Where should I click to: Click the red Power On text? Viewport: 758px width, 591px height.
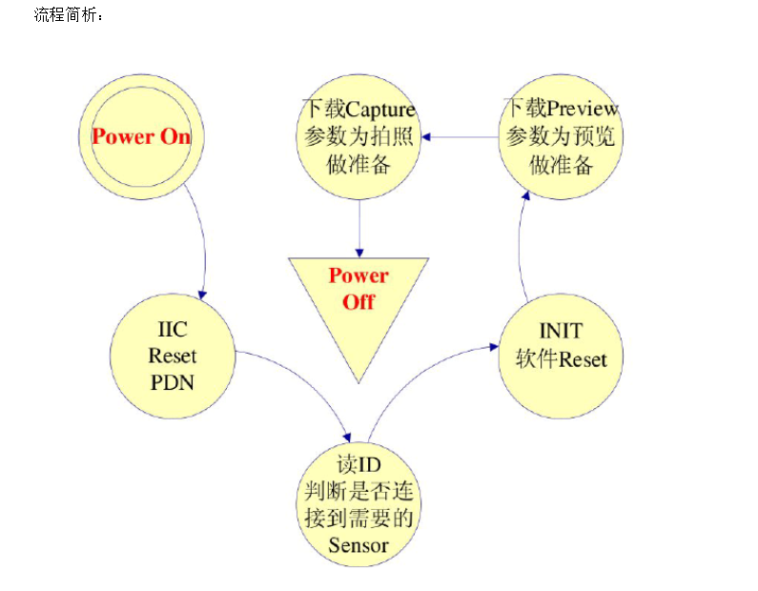[x=141, y=136]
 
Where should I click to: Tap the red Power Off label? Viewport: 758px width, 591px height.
[x=359, y=288]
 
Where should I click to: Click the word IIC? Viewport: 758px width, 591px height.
[x=173, y=331]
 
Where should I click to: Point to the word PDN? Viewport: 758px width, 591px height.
[x=173, y=383]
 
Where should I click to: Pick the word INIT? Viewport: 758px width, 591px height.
[x=560, y=332]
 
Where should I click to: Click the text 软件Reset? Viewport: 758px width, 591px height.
[x=560, y=359]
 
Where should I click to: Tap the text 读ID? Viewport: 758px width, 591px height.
[x=359, y=467]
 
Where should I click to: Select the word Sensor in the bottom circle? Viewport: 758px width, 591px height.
[x=359, y=545]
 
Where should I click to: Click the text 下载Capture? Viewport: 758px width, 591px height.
[x=359, y=109]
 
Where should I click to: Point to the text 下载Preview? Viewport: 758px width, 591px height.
[x=561, y=109]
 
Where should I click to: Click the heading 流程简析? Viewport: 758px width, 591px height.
[x=68, y=16]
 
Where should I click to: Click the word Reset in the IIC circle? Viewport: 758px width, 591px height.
[x=173, y=357]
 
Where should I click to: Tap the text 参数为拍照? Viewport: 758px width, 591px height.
[x=359, y=136]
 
